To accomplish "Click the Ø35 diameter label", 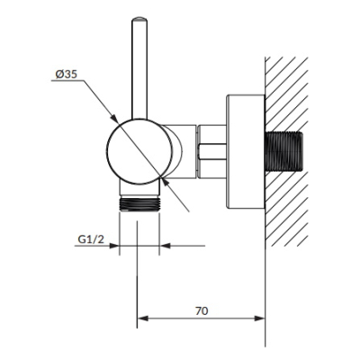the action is coord(66,74).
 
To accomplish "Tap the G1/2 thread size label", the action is coord(91,239).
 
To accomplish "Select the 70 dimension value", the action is coord(202,311).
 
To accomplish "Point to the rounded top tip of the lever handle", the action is coord(139,19).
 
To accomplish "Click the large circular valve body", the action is coord(139,151).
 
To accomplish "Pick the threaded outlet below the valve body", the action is coord(139,203).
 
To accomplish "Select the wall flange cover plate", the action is coord(245,151).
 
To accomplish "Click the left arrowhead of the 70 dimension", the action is coord(142,319).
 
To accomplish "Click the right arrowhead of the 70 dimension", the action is coord(260,319).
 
